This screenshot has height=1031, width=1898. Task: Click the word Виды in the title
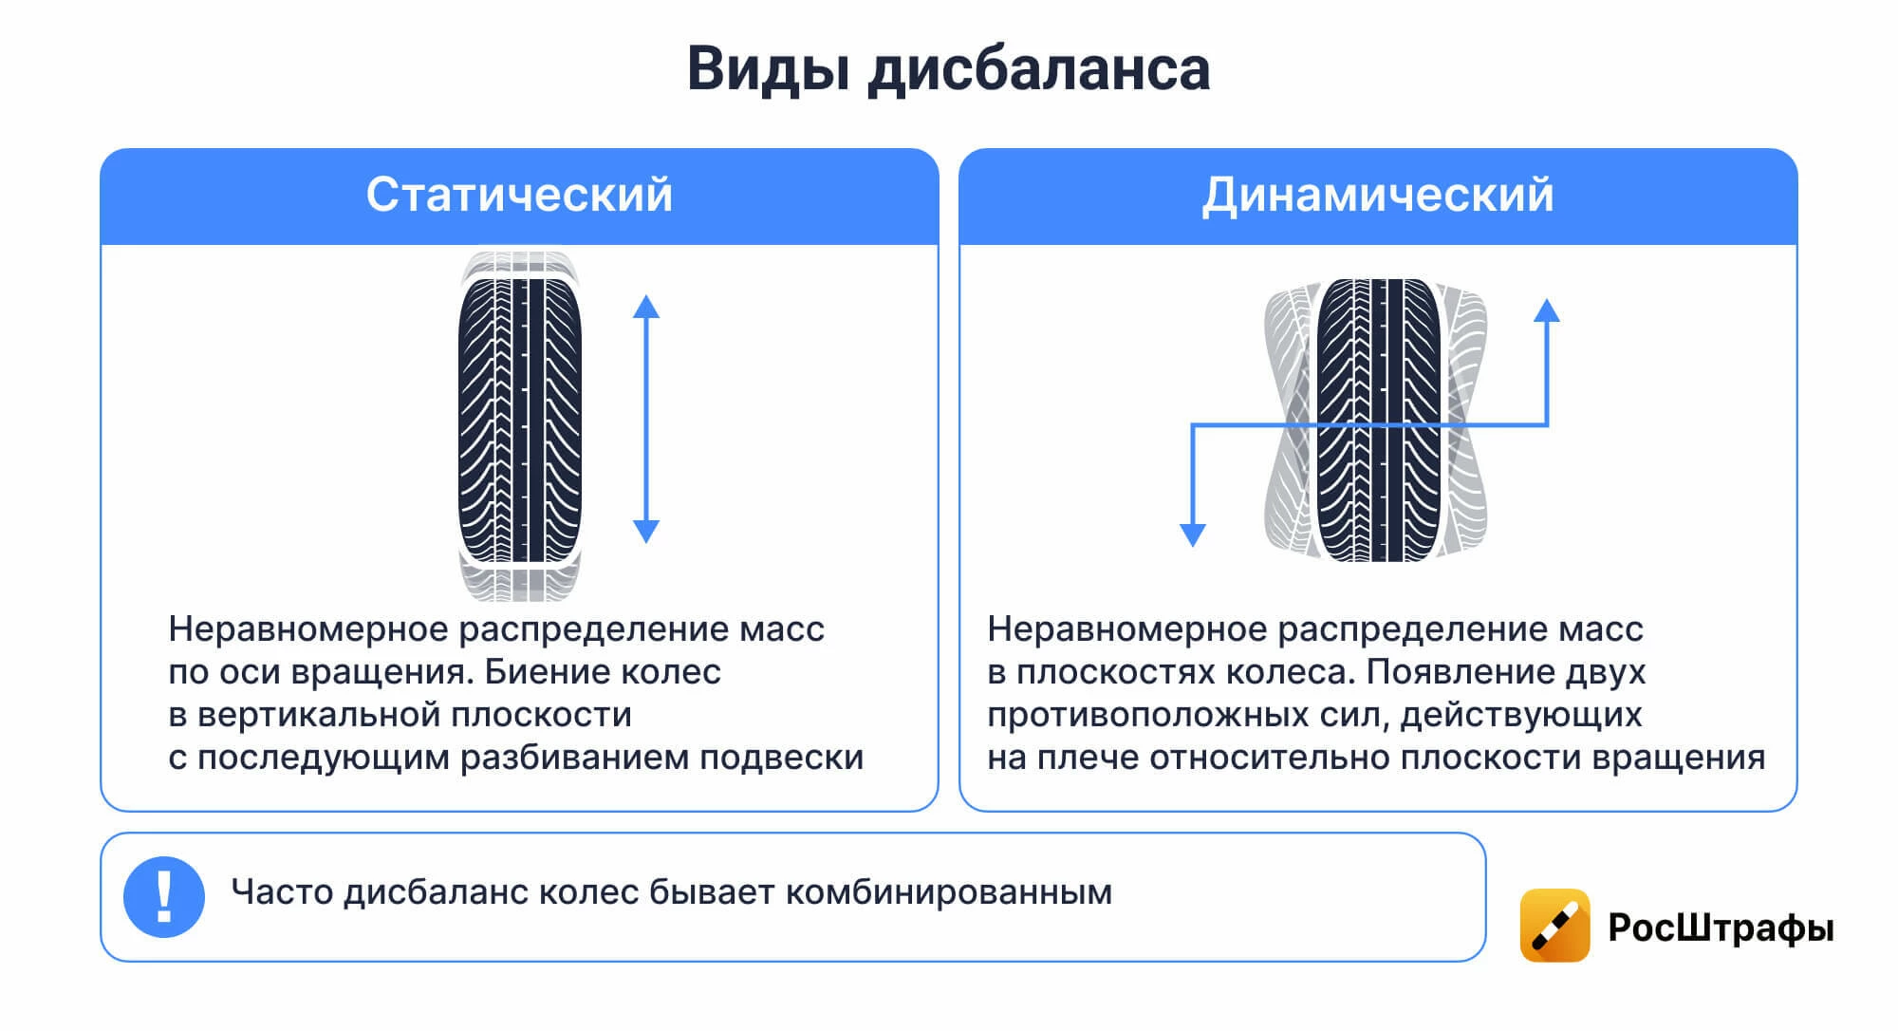(767, 69)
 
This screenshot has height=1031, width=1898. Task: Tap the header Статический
(519, 195)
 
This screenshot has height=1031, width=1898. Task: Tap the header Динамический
(1377, 195)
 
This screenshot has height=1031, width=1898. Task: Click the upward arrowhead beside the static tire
(646, 307)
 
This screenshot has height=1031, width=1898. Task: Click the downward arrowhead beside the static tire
(646, 531)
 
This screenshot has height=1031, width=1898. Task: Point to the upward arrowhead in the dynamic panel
(1547, 310)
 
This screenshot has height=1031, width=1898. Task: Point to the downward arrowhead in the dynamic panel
(1192, 534)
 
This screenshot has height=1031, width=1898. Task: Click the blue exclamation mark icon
(164, 897)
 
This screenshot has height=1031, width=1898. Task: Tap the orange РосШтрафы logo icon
(1554, 926)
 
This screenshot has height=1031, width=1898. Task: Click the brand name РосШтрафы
(1721, 928)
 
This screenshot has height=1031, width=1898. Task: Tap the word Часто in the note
(282, 892)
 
